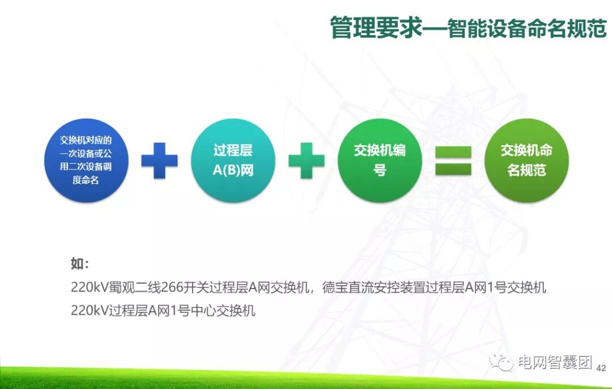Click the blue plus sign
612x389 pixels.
(x=159, y=160)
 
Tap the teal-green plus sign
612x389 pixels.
(x=307, y=160)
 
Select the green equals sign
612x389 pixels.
(x=453, y=160)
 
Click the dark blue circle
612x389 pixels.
(x=86, y=160)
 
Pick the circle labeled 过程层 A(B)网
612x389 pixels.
(x=233, y=160)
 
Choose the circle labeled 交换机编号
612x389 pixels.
(x=380, y=160)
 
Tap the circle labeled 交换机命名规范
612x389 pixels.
(x=526, y=160)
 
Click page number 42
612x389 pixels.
(x=601, y=368)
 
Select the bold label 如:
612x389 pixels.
(x=79, y=264)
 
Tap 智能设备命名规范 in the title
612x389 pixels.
(x=527, y=28)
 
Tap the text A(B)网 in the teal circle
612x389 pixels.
(x=233, y=171)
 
